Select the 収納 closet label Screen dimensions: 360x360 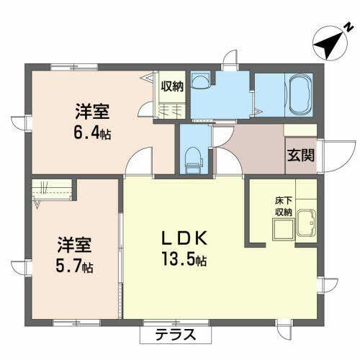pyautogui.click(x=172, y=86)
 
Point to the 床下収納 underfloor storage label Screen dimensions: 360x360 pyautogui.click(x=282, y=207)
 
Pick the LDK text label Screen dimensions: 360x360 pyautogui.click(x=185, y=238)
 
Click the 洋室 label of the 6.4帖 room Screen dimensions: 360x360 pyautogui.click(x=91, y=112)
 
